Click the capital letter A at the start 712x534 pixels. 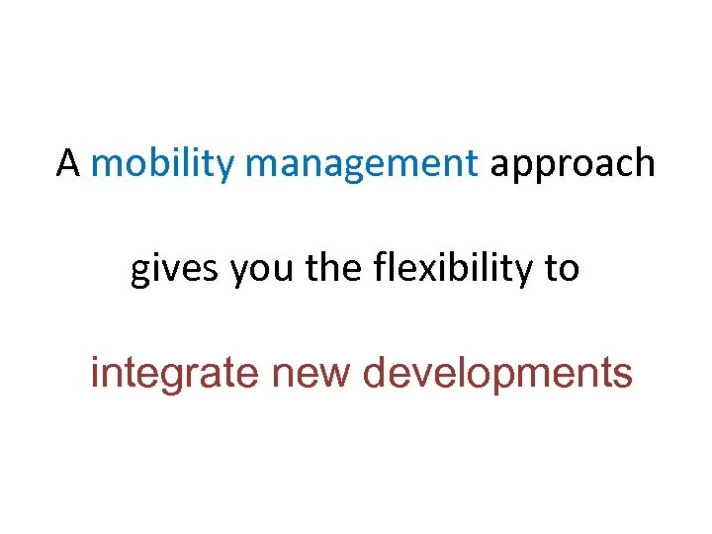point(67,163)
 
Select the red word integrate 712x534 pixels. point(174,375)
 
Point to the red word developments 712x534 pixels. point(497,375)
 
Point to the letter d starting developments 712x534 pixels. point(375,374)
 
